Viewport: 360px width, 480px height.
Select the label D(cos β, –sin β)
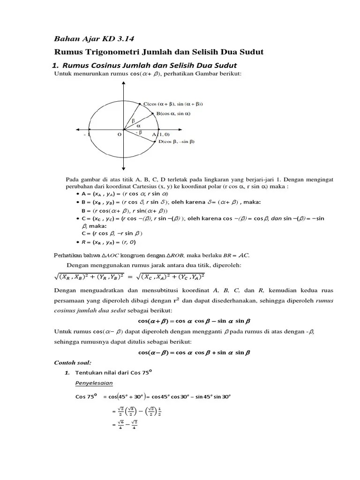176,142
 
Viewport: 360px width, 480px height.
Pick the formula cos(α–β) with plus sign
194,352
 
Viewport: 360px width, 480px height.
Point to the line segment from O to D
139,134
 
